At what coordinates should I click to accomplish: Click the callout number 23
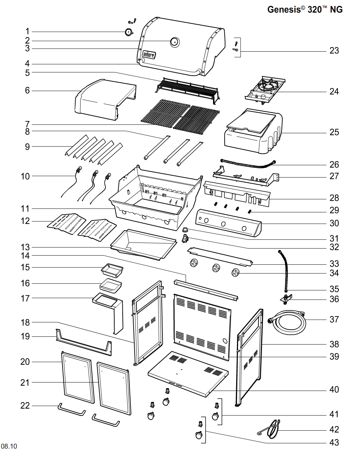[334, 51]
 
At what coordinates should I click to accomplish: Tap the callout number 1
[28, 32]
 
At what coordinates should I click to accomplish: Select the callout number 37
[334, 319]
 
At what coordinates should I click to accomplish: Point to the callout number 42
[334, 429]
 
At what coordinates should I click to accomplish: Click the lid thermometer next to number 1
[128, 32]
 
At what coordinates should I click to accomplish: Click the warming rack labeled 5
[188, 88]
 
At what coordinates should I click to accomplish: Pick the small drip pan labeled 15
[111, 270]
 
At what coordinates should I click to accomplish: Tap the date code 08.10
[9, 446]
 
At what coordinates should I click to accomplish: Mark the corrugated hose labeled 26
[248, 164]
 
